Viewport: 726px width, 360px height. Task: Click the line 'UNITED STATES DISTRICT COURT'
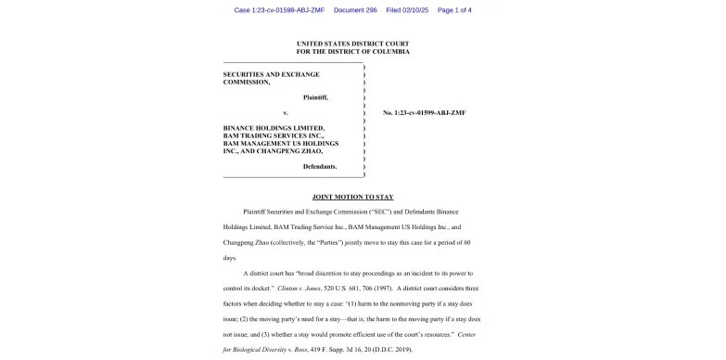point(352,44)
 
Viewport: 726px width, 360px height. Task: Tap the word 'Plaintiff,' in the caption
point(315,97)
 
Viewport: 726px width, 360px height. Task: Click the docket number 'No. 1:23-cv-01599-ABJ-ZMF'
point(424,112)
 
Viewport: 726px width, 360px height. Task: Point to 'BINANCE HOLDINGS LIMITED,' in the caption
point(274,128)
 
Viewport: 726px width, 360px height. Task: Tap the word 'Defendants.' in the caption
point(320,166)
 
